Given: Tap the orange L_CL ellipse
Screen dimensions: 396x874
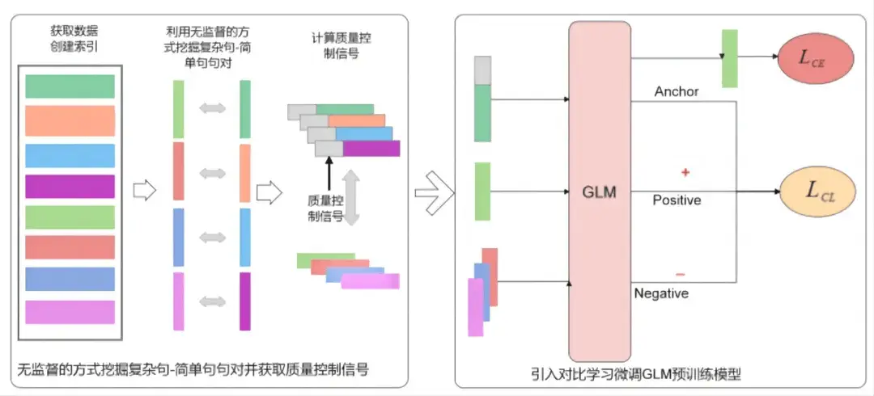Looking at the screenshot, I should (x=817, y=192).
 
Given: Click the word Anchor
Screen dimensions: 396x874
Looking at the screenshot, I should (x=676, y=92).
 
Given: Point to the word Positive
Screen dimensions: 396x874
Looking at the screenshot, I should (x=677, y=200).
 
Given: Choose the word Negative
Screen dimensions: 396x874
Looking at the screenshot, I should (x=661, y=293).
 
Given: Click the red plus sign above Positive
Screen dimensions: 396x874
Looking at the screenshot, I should (x=685, y=173).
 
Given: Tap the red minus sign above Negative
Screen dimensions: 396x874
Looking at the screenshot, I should (x=679, y=272).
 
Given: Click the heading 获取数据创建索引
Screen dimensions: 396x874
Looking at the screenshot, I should (x=70, y=39).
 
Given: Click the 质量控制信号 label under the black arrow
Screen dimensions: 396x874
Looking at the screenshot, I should (x=326, y=208).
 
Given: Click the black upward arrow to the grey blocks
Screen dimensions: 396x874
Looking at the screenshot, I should (x=329, y=172).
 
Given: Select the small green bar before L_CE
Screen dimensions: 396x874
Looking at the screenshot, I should (x=729, y=58).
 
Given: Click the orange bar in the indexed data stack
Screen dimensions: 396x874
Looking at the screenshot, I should (x=70, y=120).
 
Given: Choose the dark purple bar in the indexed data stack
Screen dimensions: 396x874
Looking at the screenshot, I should (x=70, y=186).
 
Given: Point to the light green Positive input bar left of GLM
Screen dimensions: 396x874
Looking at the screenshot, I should (x=482, y=192).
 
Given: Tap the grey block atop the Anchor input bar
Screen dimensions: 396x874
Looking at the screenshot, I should (x=482, y=70).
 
